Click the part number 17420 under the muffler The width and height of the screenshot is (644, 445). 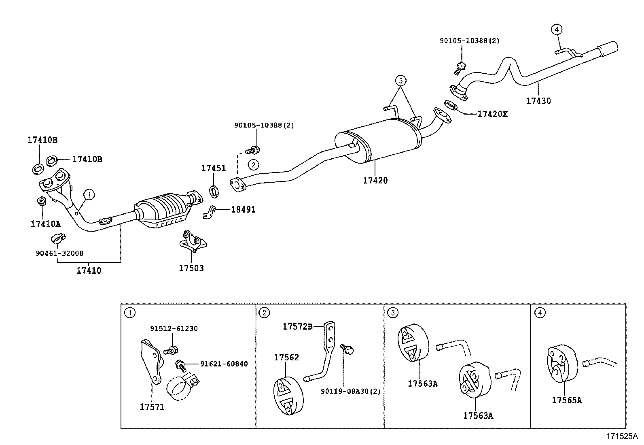pos(375,181)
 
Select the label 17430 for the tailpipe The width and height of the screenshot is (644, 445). pos(538,101)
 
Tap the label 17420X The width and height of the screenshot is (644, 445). pos(492,114)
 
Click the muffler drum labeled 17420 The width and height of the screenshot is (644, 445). pos(378,142)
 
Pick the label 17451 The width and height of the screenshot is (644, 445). pos(214,168)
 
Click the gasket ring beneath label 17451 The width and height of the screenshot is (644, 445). pos(214,191)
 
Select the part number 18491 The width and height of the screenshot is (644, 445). pos(243,210)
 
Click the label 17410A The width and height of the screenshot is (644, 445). pos(45,224)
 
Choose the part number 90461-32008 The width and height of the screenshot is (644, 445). pos(59,253)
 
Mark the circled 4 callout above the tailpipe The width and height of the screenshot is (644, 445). pos(557,29)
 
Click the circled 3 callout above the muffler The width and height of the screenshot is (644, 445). pos(400,81)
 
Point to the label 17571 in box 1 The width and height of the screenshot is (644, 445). pos(152,407)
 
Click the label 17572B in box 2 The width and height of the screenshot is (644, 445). pos(297,326)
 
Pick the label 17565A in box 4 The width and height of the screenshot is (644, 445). pos(567,400)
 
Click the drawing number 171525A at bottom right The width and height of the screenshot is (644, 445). pos(621,436)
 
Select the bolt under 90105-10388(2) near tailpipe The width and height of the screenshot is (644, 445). pos(460,67)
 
